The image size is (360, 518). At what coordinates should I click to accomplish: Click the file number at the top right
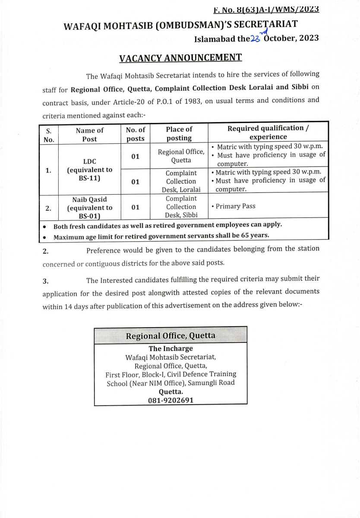tap(266, 9)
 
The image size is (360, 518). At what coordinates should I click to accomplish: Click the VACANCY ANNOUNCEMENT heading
tap(180, 57)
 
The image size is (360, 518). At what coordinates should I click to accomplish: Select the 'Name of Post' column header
tap(90, 134)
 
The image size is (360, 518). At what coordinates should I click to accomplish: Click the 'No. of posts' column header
tap(136, 134)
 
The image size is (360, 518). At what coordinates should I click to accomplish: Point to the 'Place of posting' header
tap(179, 133)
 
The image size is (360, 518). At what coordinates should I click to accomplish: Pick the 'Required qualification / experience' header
tap(268, 133)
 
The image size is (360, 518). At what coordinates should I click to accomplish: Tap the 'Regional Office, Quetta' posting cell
tap(180, 156)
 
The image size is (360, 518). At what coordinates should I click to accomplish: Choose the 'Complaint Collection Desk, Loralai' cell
tap(181, 181)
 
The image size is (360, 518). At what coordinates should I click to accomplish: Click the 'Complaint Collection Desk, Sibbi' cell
tap(181, 207)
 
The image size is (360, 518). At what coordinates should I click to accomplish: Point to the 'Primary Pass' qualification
tap(235, 206)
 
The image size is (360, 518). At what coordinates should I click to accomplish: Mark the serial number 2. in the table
tap(49, 208)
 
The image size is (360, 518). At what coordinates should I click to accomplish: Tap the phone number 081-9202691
tap(171, 400)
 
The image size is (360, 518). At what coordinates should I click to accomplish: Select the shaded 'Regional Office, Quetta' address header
tap(171, 335)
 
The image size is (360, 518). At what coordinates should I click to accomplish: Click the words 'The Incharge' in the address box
tap(171, 349)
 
